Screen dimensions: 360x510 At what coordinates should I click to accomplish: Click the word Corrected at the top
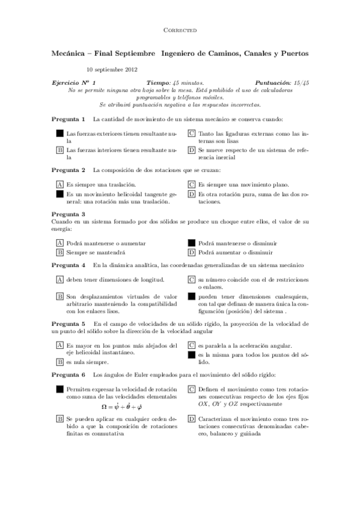pos(180,29)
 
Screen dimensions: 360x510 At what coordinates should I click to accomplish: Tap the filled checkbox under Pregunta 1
pos(59,133)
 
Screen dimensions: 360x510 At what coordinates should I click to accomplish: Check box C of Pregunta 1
pos(191,133)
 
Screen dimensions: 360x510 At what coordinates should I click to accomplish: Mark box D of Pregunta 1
pos(191,150)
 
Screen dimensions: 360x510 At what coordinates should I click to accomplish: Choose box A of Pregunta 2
pos(59,185)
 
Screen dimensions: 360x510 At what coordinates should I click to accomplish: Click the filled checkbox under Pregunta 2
pos(59,194)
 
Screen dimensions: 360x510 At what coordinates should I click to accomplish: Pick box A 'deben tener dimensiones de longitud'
pos(59,280)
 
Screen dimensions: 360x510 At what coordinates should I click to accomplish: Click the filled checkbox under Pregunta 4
pos(191,296)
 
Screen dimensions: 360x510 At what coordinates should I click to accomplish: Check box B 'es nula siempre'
pos(59,362)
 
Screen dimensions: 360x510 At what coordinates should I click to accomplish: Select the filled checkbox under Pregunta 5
pos(191,355)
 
